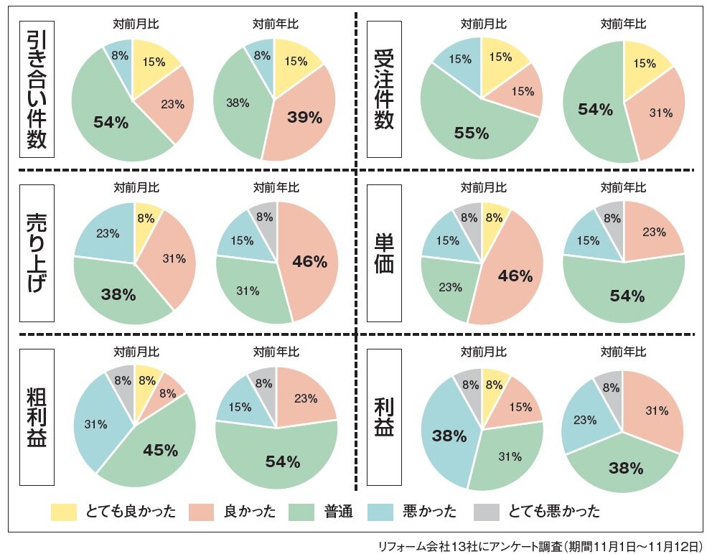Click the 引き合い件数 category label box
point(37,89)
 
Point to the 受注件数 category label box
point(384,89)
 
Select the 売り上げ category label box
point(37,253)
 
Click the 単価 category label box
point(384,253)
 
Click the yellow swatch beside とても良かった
point(64,512)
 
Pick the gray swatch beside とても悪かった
point(487,512)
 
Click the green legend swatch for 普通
point(302,512)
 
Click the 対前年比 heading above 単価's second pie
point(623,188)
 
